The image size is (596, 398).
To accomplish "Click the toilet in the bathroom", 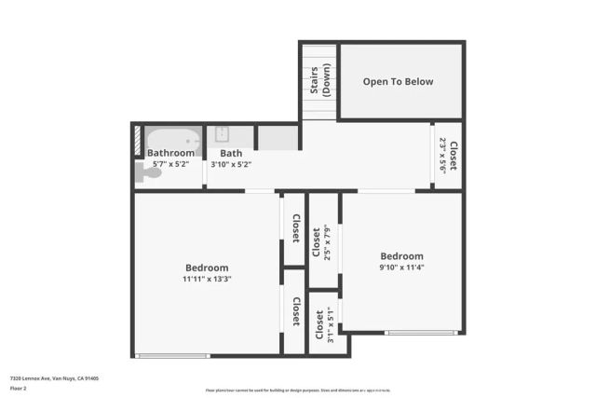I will tap(147, 172).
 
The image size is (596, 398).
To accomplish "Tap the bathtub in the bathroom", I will tap(173, 140).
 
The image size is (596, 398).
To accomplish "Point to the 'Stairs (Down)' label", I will tap(319, 81).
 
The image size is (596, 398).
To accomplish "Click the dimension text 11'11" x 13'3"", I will tap(207, 279).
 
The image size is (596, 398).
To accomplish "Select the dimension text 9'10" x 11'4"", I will tap(401, 268).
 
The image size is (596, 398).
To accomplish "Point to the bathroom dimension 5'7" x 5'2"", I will tap(170, 164).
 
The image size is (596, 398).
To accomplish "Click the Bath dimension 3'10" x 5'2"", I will tap(231, 164).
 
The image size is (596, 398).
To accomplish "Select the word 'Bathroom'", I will tap(171, 153).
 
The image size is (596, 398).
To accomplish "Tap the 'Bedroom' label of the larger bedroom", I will tap(207, 268).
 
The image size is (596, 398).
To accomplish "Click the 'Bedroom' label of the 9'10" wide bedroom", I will tap(401, 256).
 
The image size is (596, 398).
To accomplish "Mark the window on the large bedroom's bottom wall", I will tap(171, 355).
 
